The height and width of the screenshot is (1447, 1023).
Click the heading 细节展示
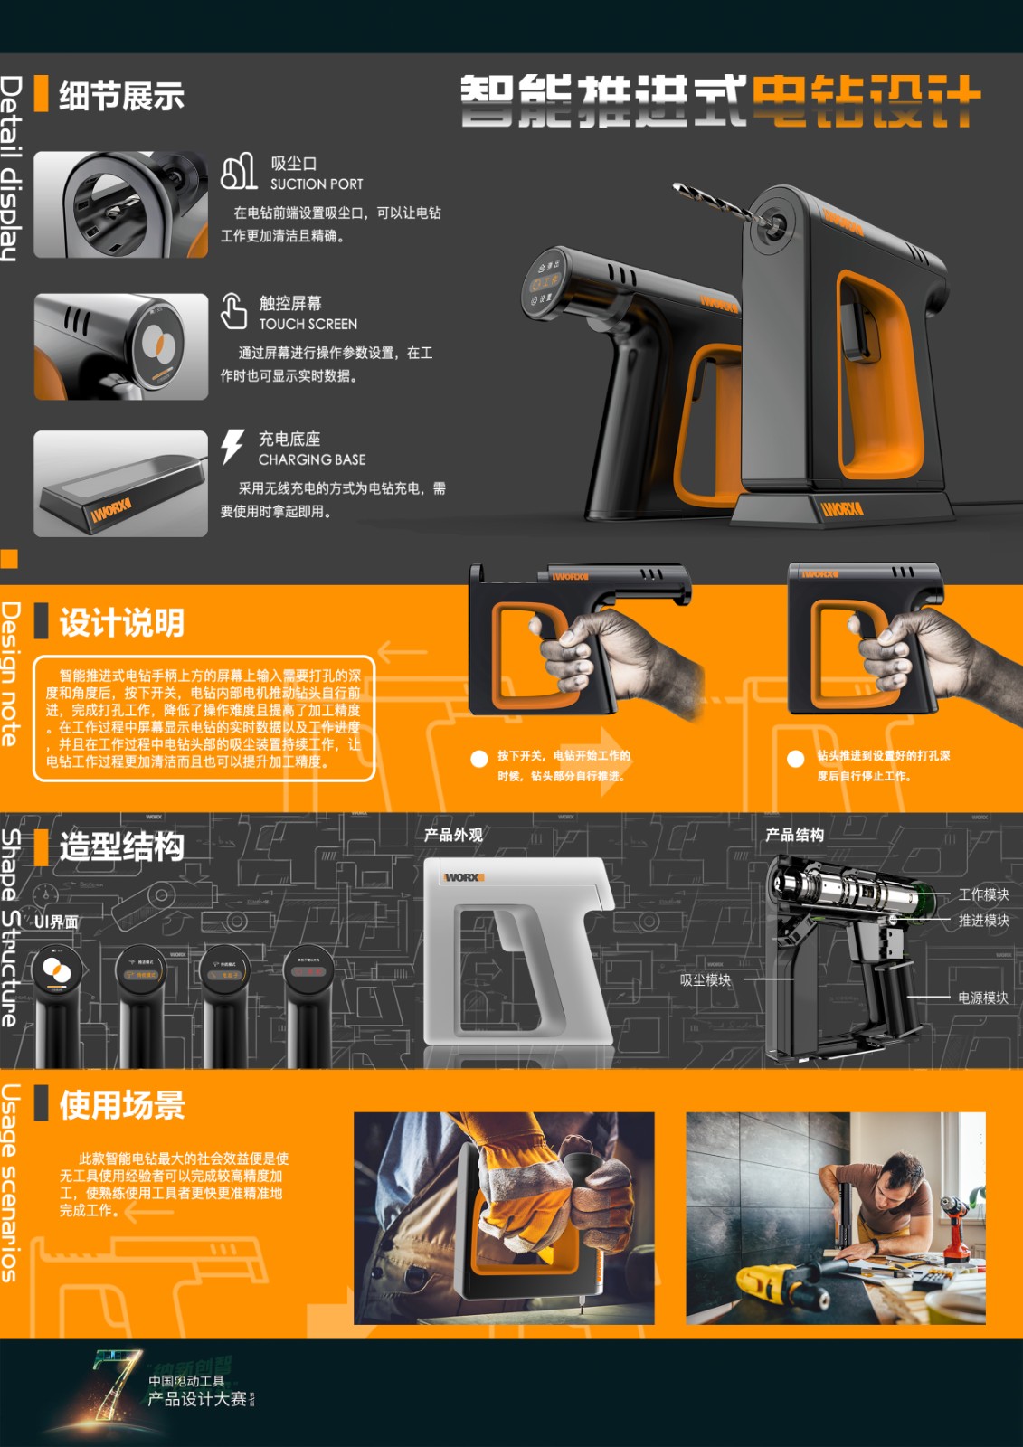tap(121, 96)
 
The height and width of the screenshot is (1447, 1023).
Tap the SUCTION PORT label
tap(317, 184)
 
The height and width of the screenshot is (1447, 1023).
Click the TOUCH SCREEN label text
tap(308, 324)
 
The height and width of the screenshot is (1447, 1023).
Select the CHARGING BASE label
tap(312, 459)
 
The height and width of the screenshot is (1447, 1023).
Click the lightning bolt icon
tap(232, 447)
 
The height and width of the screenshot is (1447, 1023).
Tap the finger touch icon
tap(233, 311)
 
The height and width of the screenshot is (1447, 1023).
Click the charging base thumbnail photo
tap(120, 484)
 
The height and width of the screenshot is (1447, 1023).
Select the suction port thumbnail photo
tap(120, 204)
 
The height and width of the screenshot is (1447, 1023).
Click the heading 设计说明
tap(121, 623)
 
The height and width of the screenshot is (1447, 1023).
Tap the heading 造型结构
tap(121, 846)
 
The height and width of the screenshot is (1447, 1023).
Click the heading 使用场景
tap(121, 1105)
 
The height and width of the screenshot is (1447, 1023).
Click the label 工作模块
tap(983, 894)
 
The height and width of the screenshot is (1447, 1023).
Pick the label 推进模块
tap(983, 921)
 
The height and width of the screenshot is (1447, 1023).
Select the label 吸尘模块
tap(706, 980)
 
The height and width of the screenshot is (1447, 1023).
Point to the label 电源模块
tap(983, 998)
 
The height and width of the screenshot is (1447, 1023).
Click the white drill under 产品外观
tap(516, 950)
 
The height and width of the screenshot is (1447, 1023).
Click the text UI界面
tap(56, 922)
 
